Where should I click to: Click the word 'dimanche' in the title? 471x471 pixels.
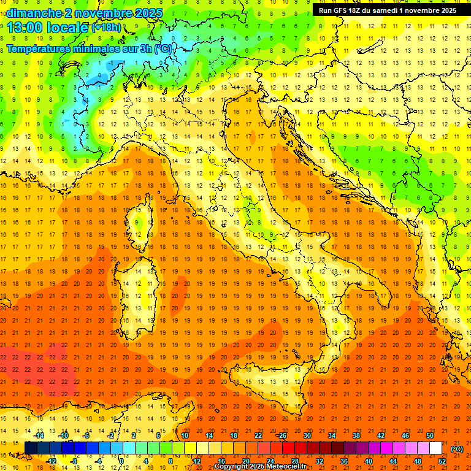(34, 13)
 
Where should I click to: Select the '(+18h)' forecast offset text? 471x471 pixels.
(106, 28)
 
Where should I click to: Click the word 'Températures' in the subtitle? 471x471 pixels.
(40, 48)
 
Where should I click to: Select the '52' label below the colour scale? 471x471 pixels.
(442, 461)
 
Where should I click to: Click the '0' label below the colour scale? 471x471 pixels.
(121, 461)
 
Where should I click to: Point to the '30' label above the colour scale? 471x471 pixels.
(307, 435)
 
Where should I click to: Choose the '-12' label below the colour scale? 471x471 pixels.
(51, 461)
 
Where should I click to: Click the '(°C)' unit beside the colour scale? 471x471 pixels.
(457, 449)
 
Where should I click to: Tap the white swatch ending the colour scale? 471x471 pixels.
(435, 448)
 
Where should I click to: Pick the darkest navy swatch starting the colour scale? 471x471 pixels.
(31, 448)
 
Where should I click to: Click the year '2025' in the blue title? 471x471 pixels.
(147, 13)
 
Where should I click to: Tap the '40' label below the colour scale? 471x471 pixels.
(369, 461)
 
